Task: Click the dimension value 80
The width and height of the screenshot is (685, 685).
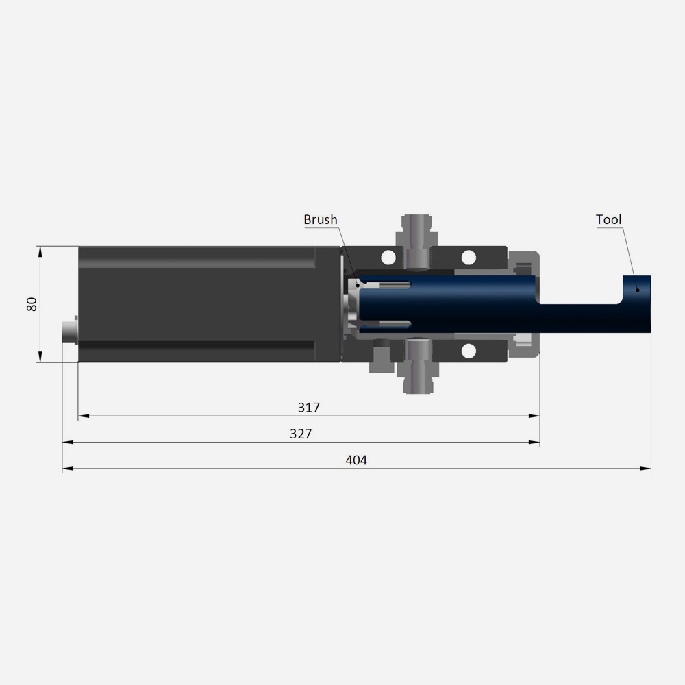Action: pos(32,304)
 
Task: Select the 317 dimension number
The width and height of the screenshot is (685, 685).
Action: pos(309,408)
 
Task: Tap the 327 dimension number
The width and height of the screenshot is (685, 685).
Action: pos(301,434)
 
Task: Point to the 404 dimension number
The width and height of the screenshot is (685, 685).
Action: pos(356,460)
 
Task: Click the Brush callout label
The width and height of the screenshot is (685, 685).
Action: pos(321,220)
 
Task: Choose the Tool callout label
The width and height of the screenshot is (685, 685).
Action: pos(608,220)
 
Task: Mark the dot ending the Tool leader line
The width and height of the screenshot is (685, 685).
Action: pos(637,290)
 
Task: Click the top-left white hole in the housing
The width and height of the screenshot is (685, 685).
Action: pos(388,258)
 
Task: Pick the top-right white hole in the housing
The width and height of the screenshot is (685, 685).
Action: pos(469,258)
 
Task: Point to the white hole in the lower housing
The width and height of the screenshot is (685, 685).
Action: pos(469,351)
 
